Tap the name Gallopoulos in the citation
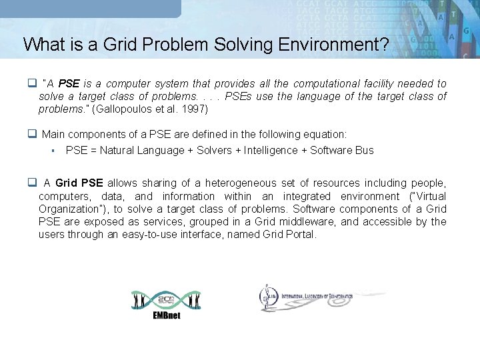127,109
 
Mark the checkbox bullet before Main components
31,134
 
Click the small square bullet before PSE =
52,150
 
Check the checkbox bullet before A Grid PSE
31,183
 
